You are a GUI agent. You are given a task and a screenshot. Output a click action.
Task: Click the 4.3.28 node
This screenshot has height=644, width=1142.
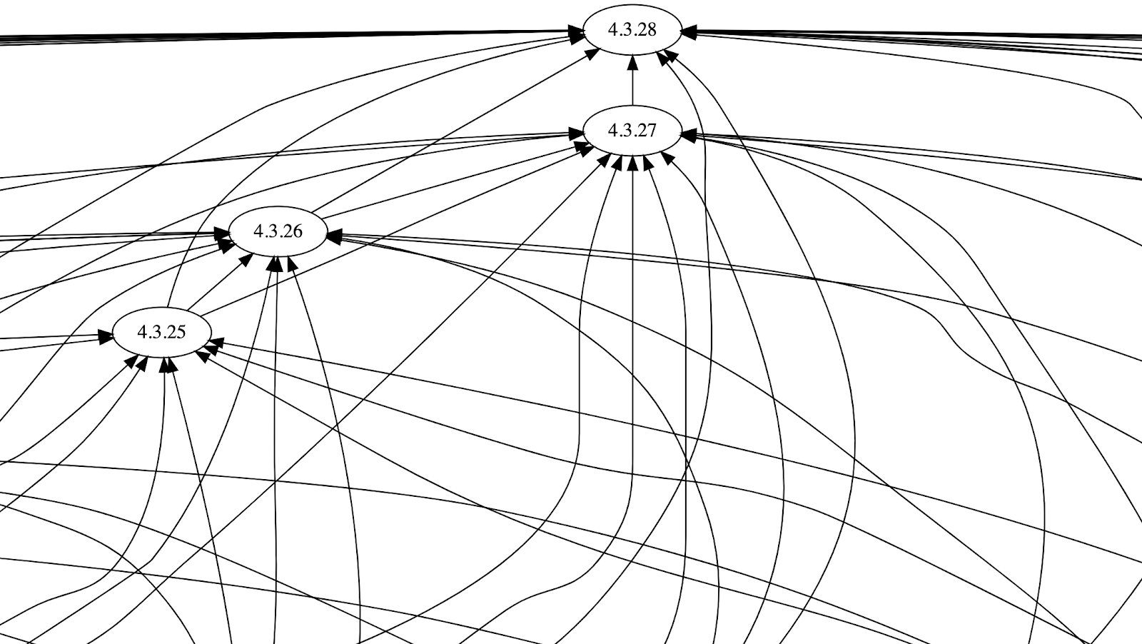[632, 29]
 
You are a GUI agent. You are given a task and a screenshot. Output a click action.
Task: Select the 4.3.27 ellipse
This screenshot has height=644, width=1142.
[632, 131]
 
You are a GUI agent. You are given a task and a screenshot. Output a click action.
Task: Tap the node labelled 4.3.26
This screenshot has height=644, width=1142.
[278, 231]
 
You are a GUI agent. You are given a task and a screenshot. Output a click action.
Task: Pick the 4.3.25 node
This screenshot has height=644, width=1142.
[161, 332]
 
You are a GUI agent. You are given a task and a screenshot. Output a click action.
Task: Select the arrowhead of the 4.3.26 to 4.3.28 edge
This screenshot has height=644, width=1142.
[591, 54]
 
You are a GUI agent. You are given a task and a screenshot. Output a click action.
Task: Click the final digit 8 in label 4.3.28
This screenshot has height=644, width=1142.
[650, 29]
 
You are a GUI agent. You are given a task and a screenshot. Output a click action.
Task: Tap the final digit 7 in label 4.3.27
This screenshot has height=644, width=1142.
[650, 131]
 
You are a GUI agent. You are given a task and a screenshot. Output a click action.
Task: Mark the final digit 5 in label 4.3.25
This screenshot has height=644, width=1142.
[180, 332]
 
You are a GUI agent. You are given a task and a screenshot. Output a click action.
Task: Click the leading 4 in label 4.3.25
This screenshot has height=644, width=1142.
[141, 332]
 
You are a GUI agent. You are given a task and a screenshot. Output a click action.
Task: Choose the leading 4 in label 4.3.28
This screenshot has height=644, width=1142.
[612, 29]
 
